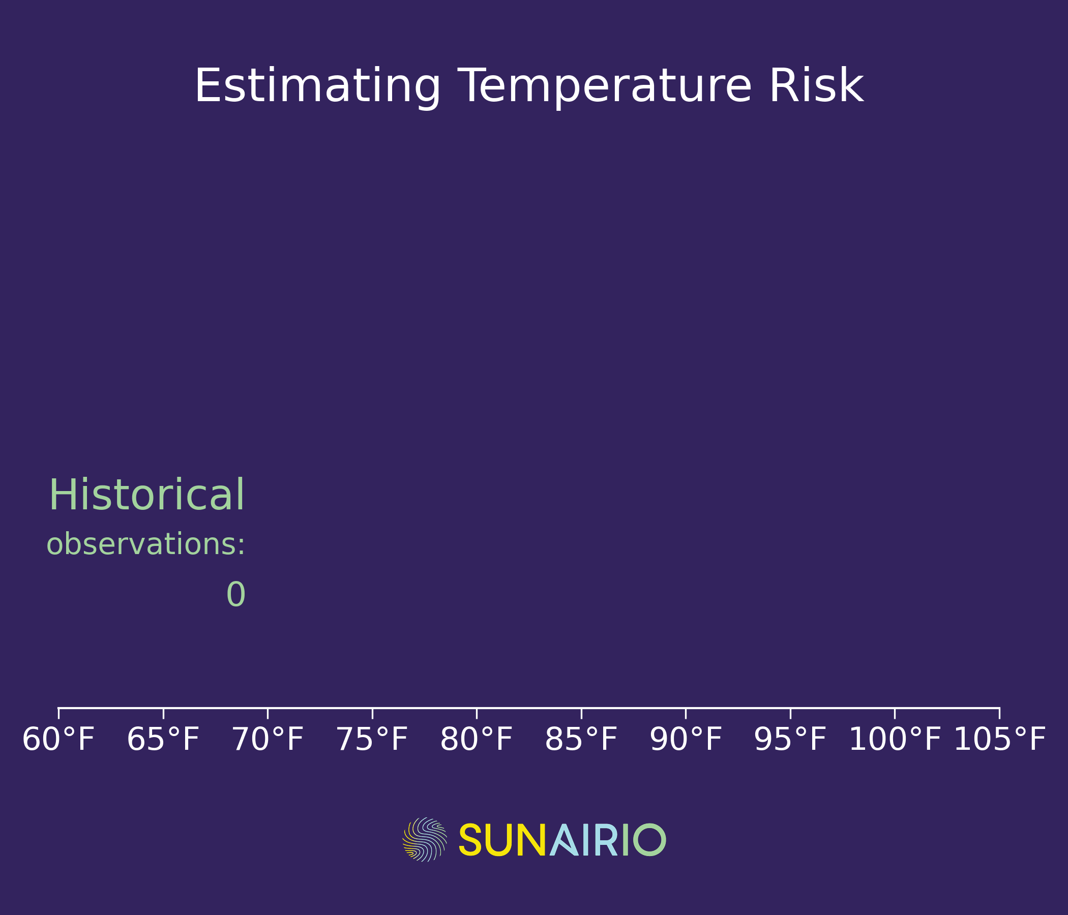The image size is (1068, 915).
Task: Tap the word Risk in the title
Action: click(x=816, y=85)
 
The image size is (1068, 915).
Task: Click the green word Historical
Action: click(x=146, y=495)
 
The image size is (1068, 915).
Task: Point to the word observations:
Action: click(x=146, y=544)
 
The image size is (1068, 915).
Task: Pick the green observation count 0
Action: click(x=236, y=595)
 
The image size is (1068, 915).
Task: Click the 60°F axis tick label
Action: click(x=58, y=740)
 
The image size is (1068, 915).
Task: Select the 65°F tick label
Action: click(x=163, y=740)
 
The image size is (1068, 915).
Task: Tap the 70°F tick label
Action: click(x=268, y=740)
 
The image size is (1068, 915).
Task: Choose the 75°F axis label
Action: click(x=372, y=740)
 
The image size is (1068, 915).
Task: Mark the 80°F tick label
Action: click(x=476, y=740)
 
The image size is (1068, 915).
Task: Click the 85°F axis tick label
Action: click(x=581, y=740)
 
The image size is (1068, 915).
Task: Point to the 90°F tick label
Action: click(x=686, y=740)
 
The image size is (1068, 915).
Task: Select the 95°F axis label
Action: click(x=790, y=740)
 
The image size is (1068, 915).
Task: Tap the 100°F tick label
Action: click(x=895, y=740)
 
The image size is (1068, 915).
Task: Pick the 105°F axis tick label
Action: click(x=999, y=740)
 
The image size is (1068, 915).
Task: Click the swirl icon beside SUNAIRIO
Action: click(x=425, y=840)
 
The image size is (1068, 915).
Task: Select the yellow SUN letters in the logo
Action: click(x=502, y=840)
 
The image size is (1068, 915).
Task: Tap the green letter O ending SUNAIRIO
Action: click(x=649, y=840)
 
